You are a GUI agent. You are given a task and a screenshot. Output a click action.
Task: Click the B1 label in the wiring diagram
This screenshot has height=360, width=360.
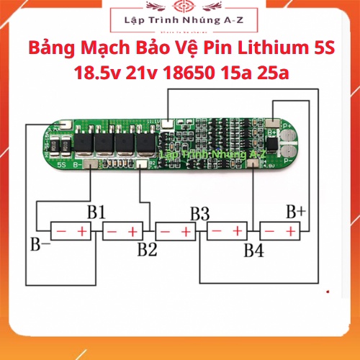point(96,212)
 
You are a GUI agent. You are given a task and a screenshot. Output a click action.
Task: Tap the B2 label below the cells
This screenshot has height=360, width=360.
point(147,250)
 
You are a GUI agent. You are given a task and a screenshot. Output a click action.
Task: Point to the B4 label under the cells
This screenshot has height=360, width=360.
point(253,251)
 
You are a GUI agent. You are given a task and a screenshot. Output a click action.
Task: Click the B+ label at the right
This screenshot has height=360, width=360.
point(295,212)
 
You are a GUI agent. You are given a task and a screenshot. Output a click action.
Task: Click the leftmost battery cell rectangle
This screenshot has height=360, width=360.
point(71,231)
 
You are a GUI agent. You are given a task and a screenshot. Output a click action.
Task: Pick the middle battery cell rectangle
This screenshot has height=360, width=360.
point(176,231)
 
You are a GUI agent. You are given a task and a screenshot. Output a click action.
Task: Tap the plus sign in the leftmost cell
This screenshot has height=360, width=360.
point(82,231)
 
